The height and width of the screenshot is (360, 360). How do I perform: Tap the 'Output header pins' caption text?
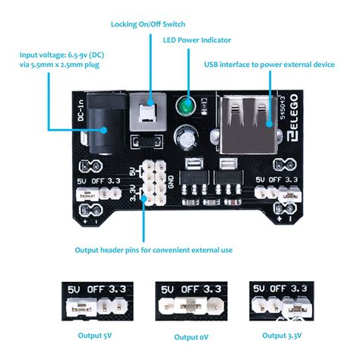(153, 249)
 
